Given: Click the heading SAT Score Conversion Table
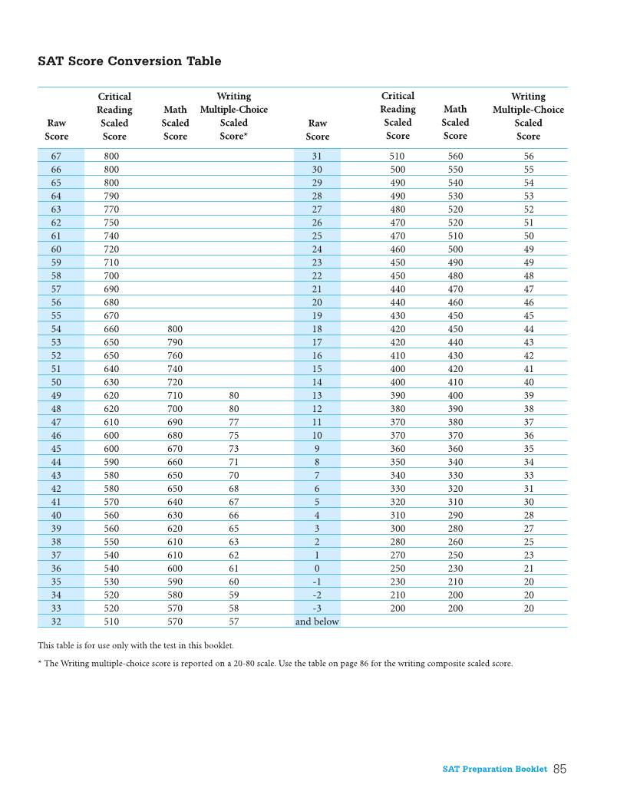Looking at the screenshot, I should pyautogui.click(x=129, y=61).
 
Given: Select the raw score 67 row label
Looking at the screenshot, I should pyautogui.click(x=56, y=156).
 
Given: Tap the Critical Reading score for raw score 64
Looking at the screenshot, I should pyautogui.click(x=111, y=196).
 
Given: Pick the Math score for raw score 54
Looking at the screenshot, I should pyautogui.click(x=175, y=329).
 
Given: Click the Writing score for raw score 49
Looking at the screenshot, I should pyautogui.click(x=233, y=396).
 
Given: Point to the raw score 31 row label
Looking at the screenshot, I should pyautogui.click(x=317, y=156).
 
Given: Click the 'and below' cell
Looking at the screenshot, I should pyautogui.click(x=317, y=621).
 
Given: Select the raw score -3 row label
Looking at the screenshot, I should pyautogui.click(x=317, y=608).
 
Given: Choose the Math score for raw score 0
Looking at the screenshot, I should pyautogui.click(x=455, y=569).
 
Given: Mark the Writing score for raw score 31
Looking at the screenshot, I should pyautogui.click(x=529, y=156).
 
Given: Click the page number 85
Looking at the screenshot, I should pyautogui.click(x=559, y=769).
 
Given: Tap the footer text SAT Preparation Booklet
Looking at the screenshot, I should pyautogui.click(x=495, y=769).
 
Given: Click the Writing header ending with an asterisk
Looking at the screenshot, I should pyautogui.click(x=233, y=136).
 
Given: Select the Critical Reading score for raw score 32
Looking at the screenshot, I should pyautogui.click(x=111, y=621).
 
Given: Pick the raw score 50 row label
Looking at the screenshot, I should pyautogui.click(x=56, y=382).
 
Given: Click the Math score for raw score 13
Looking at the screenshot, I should pyautogui.click(x=455, y=396).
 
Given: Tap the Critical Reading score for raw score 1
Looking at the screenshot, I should pyautogui.click(x=398, y=555).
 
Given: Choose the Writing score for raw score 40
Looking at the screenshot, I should pyautogui.click(x=233, y=516).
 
